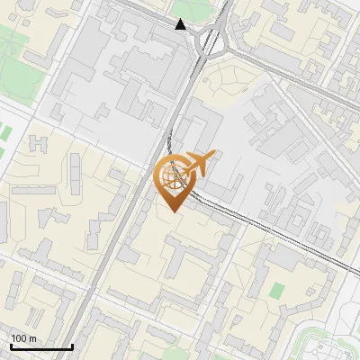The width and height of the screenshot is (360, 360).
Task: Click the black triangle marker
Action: pyautogui.click(x=181, y=24)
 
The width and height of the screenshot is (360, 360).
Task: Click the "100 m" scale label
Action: pyautogui.click(x=24, y=338)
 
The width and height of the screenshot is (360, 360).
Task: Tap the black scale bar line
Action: pyautogui.click(x=41, y=346)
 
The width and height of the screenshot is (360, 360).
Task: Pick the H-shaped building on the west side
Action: pyautogui.click(x=40, y=145)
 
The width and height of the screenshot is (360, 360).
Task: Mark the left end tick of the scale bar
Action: pyautogui.click(x=11, y=346)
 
